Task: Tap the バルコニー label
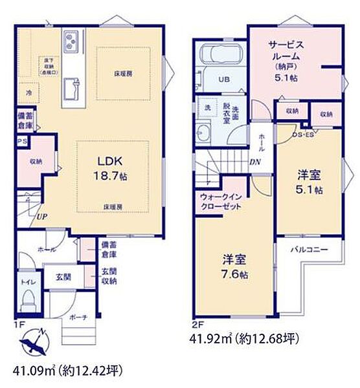coord(308,249)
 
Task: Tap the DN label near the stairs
coord(256,164)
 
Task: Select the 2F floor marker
coord(196,325)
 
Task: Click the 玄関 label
coord(63,277)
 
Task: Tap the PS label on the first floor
coord(21,140)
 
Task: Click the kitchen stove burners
coord(70,44)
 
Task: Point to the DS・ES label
coord(303,135)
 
